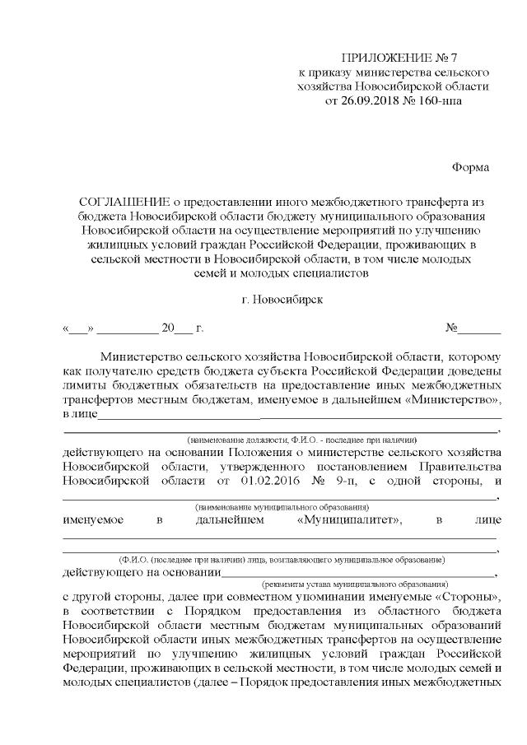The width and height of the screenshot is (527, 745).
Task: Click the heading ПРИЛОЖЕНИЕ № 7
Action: coord(399,57)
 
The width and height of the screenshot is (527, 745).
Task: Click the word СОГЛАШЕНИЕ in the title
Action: coord(124,201)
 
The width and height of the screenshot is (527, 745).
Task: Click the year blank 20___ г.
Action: coord(176,328)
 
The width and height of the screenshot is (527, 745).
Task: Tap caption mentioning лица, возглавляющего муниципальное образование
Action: coord(282,559)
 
